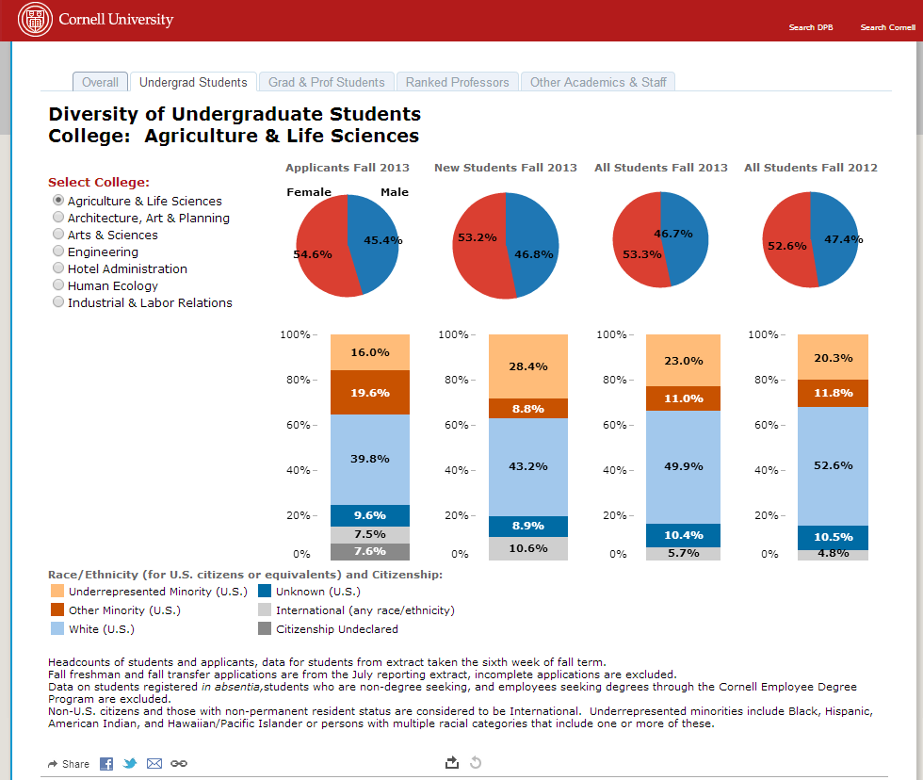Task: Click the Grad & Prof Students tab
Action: coord(326,82)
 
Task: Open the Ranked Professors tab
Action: coord(457,82)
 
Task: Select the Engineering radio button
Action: coord(58,252)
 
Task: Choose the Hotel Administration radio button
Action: coord(58,268)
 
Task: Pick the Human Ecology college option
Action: coord(58,285)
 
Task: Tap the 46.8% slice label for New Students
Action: coord(533,254)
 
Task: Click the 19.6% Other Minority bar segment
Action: coord(370,393)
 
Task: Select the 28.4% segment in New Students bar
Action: coord(527,366)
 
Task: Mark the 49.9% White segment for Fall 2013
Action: coord(684,466)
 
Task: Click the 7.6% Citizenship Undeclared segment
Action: coord(370,551)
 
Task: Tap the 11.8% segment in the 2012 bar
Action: coord(834,393)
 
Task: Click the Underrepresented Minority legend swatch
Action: coord(57,592)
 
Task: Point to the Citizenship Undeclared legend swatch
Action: coord(265,629)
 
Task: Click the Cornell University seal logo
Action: coord(35,20)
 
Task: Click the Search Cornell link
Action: coord(887,27)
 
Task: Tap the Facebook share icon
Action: coord(106,763)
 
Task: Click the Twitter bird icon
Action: coord(130,763)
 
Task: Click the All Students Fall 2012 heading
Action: coord(811,168)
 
